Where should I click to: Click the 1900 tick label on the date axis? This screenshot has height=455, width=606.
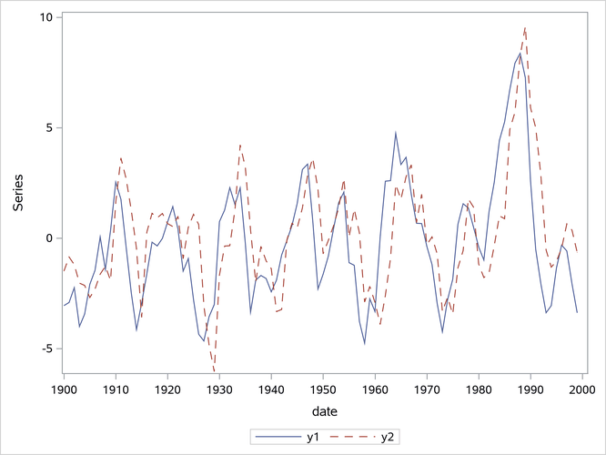click(x=64, y=389)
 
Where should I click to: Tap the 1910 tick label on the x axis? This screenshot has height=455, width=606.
click(x=116, y=389)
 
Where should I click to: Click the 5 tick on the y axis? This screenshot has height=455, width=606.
click(x=48, y=127)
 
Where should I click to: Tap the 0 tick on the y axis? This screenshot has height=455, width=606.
click(x=48, y=238)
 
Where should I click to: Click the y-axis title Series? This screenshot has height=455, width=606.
click(x=18, y=191)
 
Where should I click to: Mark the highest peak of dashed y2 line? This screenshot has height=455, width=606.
click(x=525, y=27)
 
